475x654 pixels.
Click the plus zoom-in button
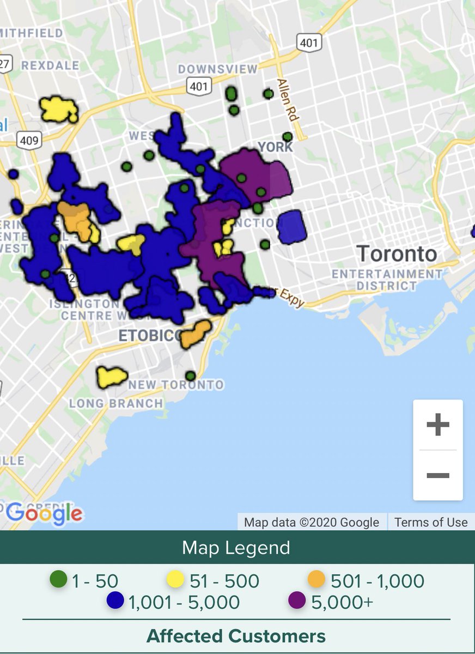click(437, 425)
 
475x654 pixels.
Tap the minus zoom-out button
click(437, 475)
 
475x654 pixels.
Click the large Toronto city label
click(397, 254)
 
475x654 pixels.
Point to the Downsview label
click(217, 69)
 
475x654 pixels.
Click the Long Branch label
click(115, 404)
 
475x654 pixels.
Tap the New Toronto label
click(176, 385)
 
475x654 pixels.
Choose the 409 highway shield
click(28, 140)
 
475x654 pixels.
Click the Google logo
click(45, 512)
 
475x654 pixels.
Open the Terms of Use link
click(431, 522)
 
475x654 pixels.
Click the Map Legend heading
click(236, 547)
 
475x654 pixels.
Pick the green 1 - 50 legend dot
click(58, 579)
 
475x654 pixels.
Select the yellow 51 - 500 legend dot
click(175, 579)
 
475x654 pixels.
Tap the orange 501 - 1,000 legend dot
click(316, 579)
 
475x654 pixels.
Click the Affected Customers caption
click(236, 635)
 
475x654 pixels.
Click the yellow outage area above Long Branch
click(112, 376)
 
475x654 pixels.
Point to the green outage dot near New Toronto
click(190, 376)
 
